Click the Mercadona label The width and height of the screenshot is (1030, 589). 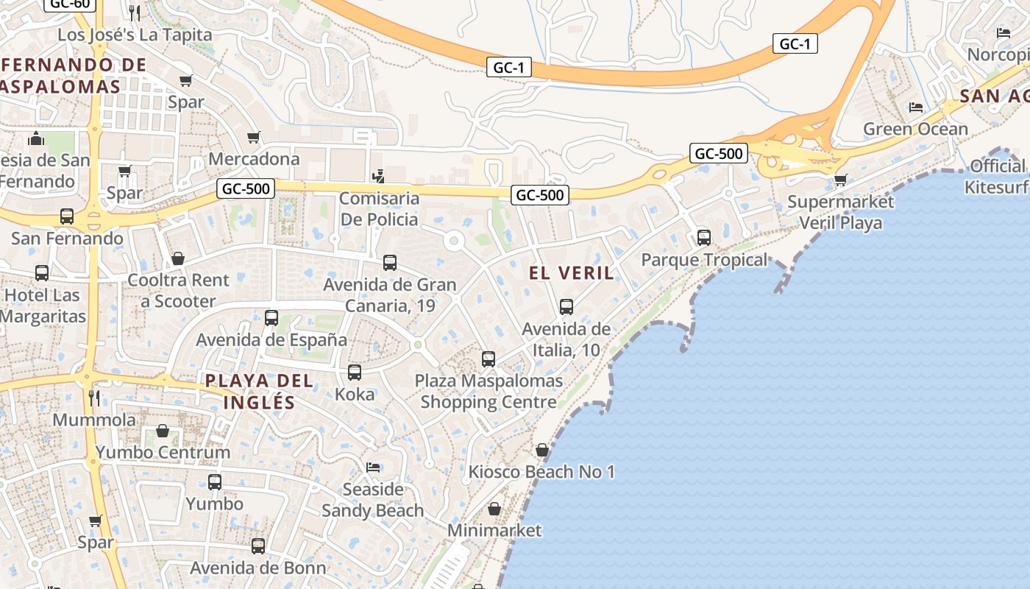[x=254, y=159]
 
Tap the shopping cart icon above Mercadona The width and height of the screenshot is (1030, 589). [x=254, y=137]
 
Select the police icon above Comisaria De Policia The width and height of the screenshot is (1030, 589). [x=379, y=176]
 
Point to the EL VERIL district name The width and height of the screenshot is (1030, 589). [x=571, y=273]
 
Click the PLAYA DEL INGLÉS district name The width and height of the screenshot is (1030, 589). [x=259, y=392]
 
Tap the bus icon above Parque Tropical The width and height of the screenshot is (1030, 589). [x=704, y=238]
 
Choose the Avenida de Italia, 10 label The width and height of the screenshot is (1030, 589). [x=566, y=339]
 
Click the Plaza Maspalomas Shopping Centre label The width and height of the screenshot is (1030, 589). [x=489, y=392]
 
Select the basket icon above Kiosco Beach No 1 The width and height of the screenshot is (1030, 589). [x=542, y=450]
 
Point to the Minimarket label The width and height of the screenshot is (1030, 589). [x=494, y=530]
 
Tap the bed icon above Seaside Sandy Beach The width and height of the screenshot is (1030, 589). [x=373, y=468]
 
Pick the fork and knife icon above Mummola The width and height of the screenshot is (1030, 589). [x=94, y=398]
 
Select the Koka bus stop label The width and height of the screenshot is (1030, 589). [x=355, y=394]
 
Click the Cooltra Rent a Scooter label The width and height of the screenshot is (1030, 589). [x=178, y=291]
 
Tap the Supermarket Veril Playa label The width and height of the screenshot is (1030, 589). [x=840, y=212]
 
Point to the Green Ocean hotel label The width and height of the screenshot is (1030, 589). [x=915, y=130]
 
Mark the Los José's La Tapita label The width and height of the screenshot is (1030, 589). [x=135, y=35]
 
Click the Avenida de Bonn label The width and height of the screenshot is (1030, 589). [x=257, y=568]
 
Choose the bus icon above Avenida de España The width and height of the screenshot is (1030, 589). [x=271, y=318]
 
